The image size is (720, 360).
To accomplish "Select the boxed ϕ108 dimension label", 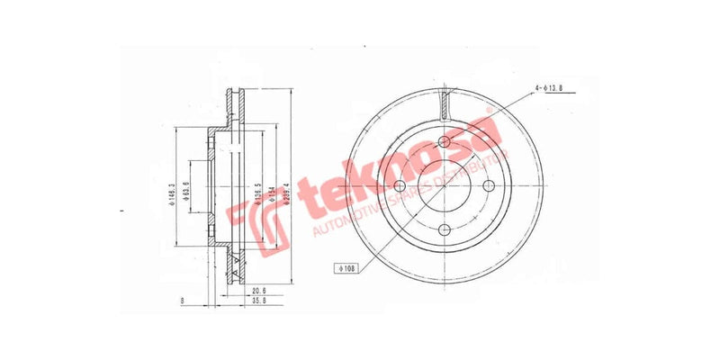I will [346, 267].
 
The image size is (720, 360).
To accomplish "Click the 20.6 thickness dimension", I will [258, 290].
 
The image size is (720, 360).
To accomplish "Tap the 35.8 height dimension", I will [258, 304].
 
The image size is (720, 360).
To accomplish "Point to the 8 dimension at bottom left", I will [183, 301].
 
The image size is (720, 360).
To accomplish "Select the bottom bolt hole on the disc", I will [445, 231].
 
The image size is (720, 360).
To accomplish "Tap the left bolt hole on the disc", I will [400, 186].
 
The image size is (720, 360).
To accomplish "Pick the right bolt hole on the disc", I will [490, 186].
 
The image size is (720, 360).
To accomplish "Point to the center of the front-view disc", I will [445, 186].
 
